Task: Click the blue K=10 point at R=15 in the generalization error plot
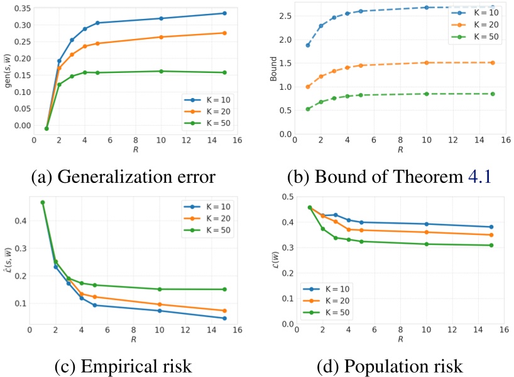[x=224, y=13]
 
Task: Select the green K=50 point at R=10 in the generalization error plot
[x=161, y=71]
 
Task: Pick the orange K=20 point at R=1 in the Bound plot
[x=308, y=87]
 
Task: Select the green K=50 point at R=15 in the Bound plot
[x=493, y=94]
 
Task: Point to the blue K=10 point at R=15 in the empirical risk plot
[x=224, y=318]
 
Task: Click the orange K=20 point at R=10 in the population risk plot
[x=426, y=232]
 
